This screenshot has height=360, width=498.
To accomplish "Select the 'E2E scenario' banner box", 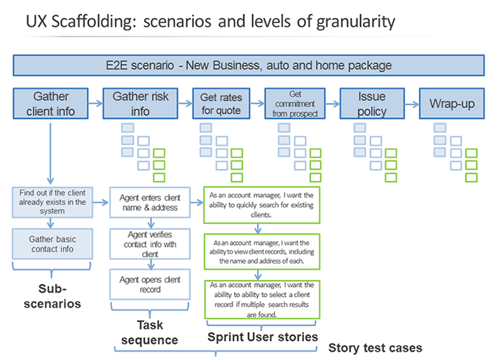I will [249, 66].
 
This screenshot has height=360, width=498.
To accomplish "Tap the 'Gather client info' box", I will [50, 103].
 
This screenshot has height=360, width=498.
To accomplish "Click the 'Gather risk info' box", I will [140, 103].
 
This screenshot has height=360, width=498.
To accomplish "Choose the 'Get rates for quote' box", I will [220, 103].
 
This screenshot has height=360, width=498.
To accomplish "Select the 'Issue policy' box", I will [372, 103].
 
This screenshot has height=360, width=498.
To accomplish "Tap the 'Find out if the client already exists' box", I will [53, 202].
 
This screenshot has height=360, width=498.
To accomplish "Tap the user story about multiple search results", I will [261, 299].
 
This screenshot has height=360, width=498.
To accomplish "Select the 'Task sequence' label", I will [150, 333].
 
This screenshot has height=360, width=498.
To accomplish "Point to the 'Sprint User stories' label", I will [263, 337].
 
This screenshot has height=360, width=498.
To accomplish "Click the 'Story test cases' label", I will [375, 347].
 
